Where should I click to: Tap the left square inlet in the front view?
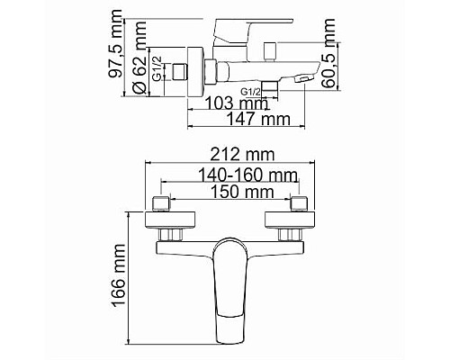point(163,202)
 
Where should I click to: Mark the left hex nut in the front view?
point(170,234)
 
